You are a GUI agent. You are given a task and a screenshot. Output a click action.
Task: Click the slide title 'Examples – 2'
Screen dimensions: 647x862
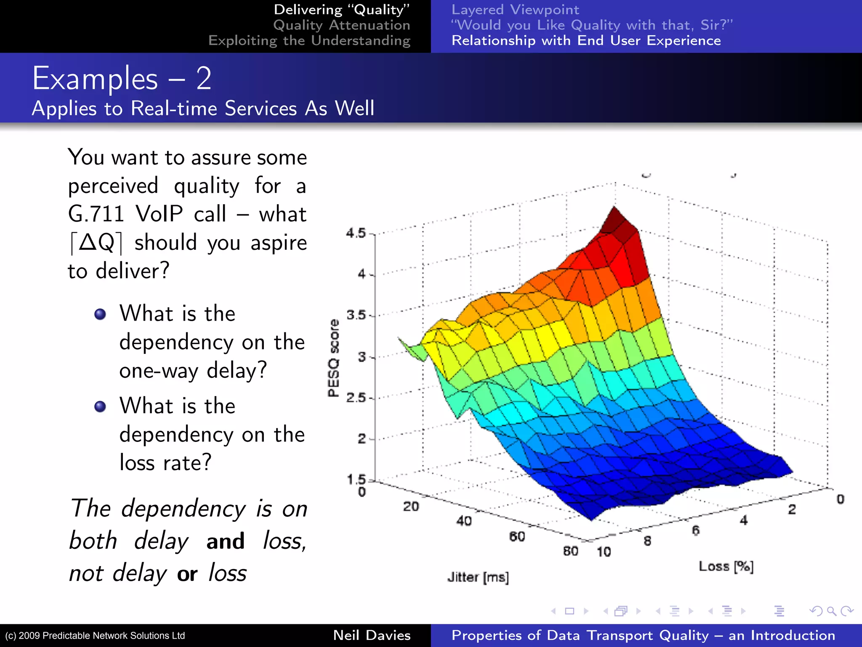tap(122, 79)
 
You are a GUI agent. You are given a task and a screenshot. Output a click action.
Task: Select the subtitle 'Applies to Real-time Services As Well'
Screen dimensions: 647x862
tap(203, 108)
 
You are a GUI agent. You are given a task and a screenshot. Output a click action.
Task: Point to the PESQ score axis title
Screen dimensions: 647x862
tap(333, 358)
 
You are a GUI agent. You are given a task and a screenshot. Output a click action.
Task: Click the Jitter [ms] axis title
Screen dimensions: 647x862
tap(478, 577)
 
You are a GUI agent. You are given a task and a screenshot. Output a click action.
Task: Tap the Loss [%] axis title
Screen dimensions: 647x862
tap(726, 566)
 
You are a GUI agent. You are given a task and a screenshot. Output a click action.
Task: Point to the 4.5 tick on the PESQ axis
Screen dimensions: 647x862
tap(356, 233)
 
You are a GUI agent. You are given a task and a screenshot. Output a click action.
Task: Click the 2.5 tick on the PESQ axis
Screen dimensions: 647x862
tap(356, 397)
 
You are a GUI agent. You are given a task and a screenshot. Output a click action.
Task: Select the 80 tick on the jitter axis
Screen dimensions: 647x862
tap(570, 551)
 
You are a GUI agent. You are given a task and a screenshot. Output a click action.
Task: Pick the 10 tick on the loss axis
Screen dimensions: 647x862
tap(604, 551)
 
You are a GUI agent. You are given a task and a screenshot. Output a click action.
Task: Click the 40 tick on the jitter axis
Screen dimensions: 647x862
tap(464, 521)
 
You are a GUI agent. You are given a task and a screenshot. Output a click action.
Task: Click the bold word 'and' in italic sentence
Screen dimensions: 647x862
tap(225, 541)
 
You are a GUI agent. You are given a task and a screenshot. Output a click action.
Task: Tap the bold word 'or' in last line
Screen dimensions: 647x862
tap(187, 574)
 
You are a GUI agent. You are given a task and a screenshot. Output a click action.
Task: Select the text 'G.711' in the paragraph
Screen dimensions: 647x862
tap(96, 214)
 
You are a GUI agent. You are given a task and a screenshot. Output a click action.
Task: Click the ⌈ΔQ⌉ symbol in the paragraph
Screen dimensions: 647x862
tap(96, 243)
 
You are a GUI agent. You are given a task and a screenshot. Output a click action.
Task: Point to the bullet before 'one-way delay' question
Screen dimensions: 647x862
tap(100, 314)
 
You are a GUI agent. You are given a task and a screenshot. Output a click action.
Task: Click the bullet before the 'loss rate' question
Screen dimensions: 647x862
tap(100, 406)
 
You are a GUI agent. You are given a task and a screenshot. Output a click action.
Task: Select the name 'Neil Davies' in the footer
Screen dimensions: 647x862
tap(372, 635)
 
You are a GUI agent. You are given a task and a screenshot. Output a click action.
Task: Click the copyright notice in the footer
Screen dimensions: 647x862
tap(95, 636)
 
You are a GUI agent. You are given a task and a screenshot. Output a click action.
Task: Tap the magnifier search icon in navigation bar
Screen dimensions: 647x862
tap(831, 611)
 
